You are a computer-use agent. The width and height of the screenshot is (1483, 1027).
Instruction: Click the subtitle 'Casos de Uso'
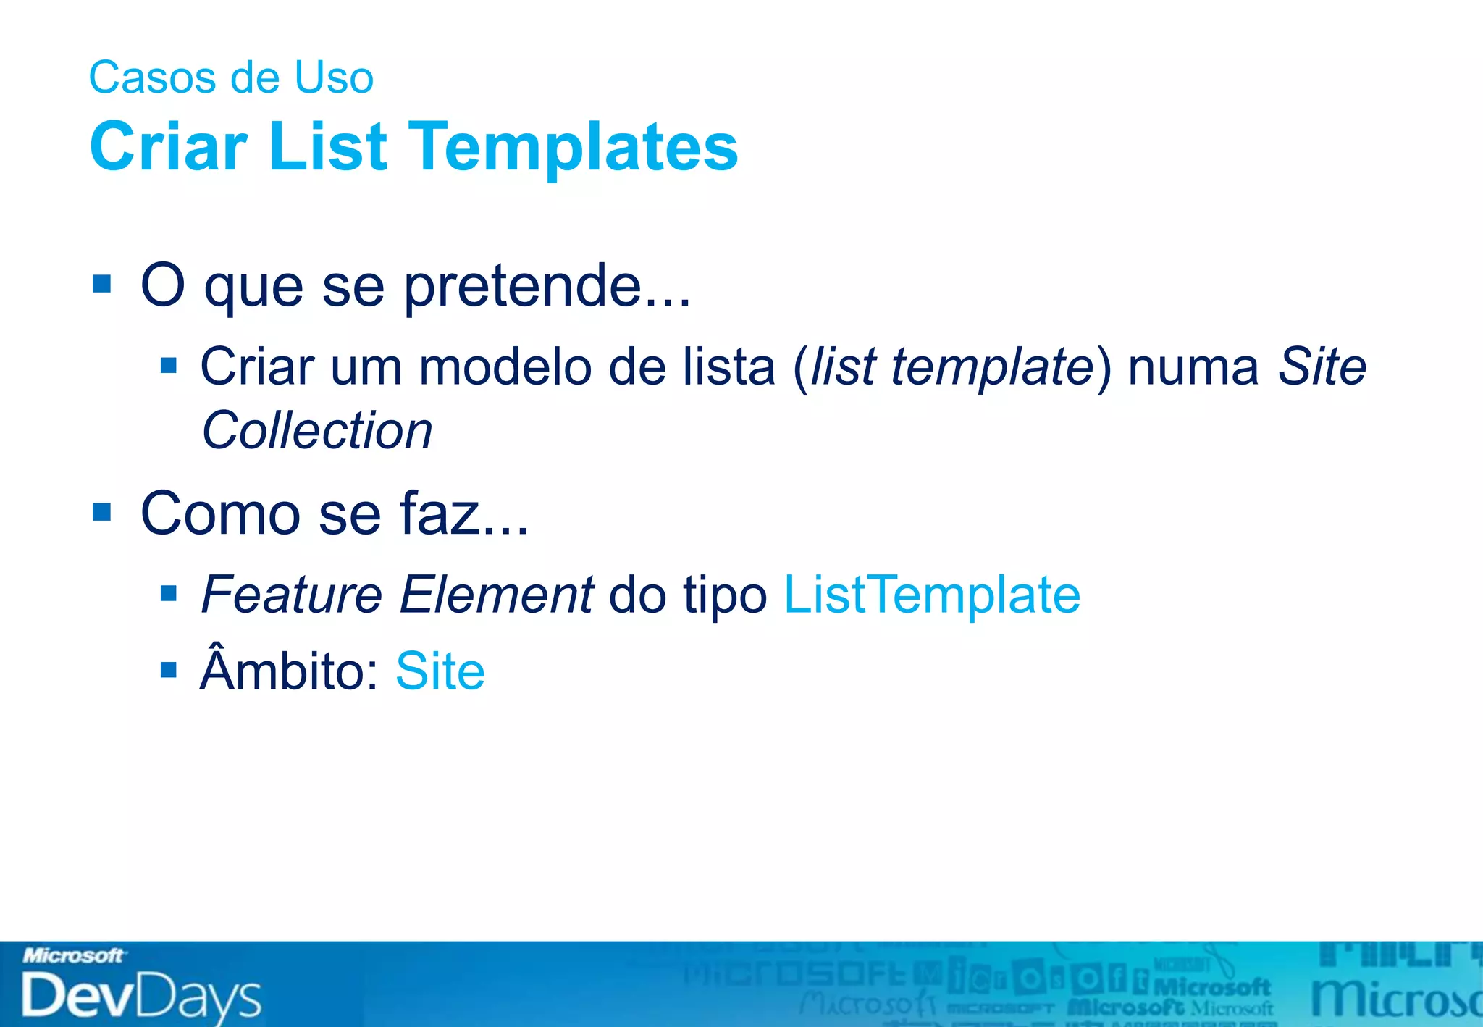coord(231,77)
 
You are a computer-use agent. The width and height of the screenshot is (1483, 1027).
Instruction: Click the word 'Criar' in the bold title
coord(169,147)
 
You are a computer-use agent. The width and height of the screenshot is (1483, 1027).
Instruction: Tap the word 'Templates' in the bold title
coord(573,147)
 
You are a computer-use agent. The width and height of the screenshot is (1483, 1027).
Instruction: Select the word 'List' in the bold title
coord(327,147)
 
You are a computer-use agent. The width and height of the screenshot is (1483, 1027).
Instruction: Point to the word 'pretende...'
coord(547,287)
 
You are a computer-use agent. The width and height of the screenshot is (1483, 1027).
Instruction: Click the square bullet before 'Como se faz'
coord(102,512)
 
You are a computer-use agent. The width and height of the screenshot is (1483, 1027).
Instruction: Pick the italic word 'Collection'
coord(317,430)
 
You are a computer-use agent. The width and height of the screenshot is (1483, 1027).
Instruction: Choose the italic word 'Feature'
coord(291,595)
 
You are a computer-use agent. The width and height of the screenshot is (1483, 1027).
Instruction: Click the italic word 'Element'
coord(496,595)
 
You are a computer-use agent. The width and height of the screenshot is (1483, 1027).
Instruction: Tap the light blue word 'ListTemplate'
coord(932,595)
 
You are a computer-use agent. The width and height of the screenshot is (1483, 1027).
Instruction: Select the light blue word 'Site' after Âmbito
coord(440,671)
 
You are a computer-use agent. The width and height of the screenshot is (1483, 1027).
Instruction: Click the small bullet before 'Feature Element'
coord(169,595)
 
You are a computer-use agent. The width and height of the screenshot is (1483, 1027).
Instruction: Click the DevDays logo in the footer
coord(141,997)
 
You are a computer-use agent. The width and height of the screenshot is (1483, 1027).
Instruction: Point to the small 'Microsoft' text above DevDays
coord(74,956)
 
